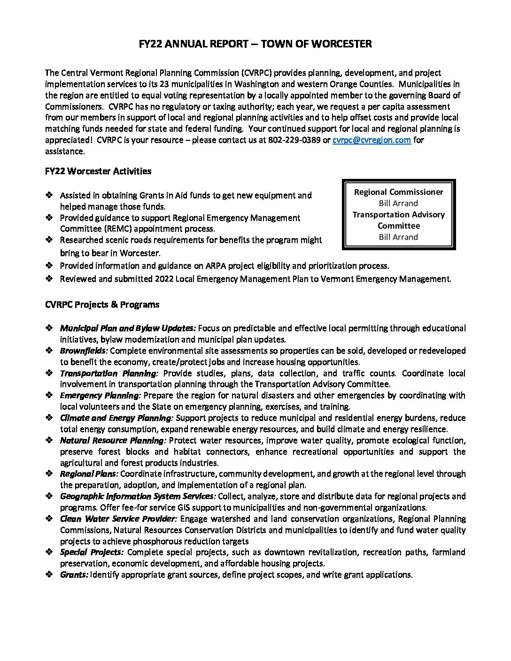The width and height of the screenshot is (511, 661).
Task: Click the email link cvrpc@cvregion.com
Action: [x=372, y=140]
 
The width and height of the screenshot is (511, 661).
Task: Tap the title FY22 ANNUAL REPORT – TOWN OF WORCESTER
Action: [x=255, y=44]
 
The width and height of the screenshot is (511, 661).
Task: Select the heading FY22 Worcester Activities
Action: [x=98, y=171]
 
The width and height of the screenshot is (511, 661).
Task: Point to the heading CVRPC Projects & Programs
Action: [x=102, y=305]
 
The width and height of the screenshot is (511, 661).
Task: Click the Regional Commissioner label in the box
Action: [x=398, y=192]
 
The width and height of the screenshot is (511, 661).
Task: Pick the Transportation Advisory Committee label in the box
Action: [x=398, y=220]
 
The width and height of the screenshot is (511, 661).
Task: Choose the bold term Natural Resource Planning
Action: [x=113, y=440]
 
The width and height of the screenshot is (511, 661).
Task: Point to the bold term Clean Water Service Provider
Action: [x=118, y=519]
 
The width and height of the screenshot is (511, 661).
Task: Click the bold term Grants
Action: [x=74, y=575]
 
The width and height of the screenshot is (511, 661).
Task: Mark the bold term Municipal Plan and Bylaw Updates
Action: [x=128, y=328]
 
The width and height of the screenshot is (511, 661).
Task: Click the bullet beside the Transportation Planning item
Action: [x=49, y=373]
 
